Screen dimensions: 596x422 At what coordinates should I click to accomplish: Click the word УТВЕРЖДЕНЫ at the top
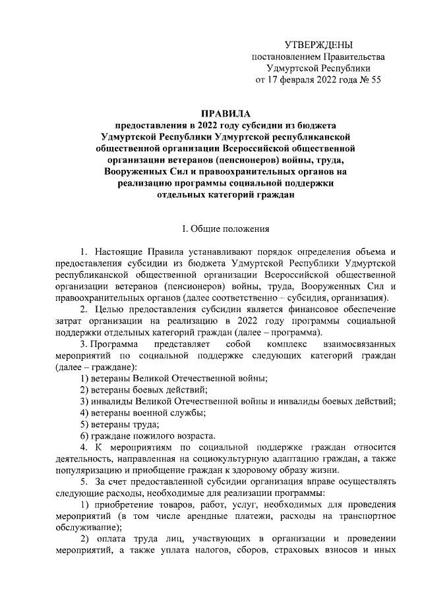pyautogui.click(x=318, y=45)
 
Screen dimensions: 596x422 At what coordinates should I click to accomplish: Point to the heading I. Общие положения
pyautogui.click(x=226, y=229)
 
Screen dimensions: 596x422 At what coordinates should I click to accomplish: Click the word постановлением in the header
pyautogui.click(x=284, y=57)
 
